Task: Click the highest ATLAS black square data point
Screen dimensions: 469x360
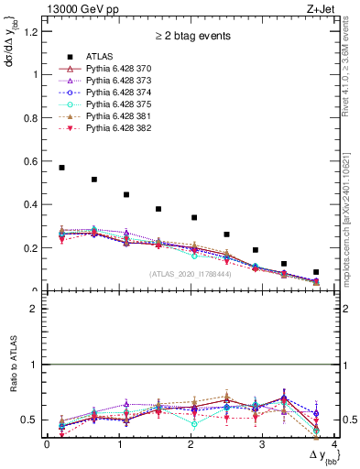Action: (61, 168)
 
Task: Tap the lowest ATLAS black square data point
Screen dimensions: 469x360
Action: (316, 272)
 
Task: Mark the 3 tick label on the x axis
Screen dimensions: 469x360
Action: (263, 444)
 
